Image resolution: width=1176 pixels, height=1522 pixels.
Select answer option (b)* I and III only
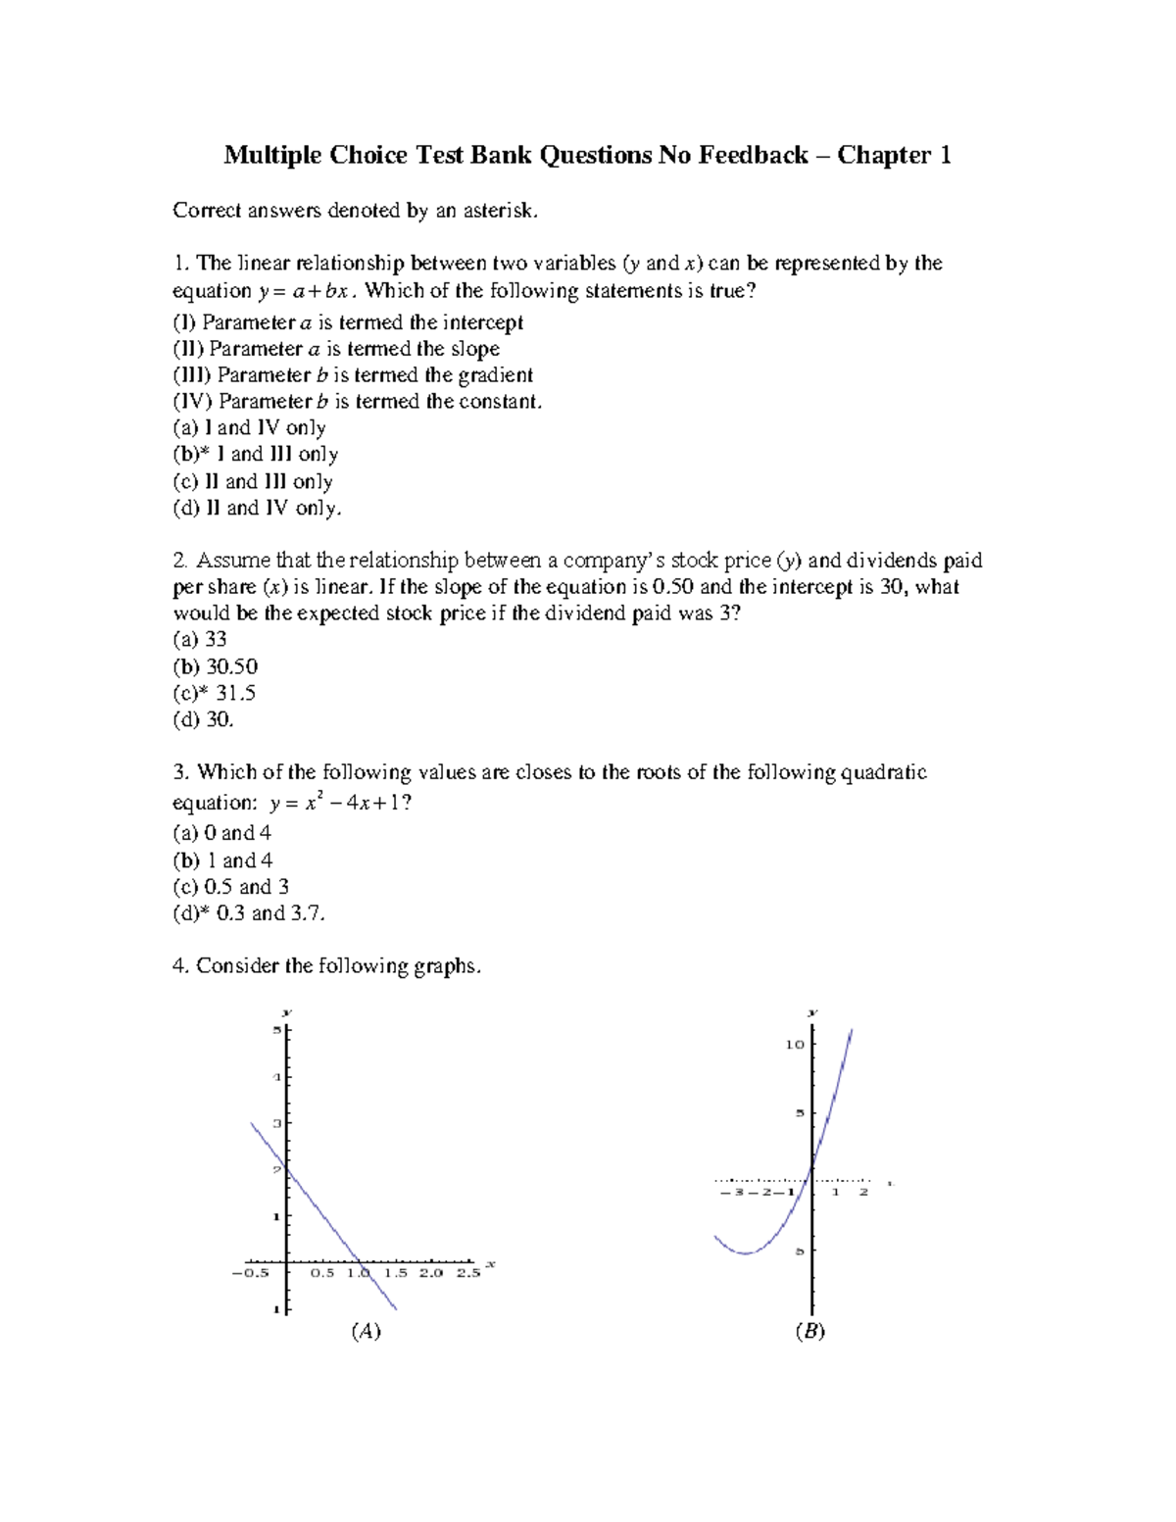tap(256, 455)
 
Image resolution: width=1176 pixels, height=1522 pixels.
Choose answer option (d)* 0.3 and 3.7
tap(249, 913)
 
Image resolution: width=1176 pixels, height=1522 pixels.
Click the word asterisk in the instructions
tap(504, 210)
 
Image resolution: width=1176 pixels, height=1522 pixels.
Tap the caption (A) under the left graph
tap(366, 1331)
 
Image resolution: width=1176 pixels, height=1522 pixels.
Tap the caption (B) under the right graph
tap(810, 1331)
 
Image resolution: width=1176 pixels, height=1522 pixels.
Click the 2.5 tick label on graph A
tap(468, 1273)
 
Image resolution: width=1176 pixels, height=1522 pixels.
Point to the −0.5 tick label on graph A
tap(250, 1273)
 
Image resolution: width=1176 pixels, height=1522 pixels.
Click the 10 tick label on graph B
tap(794, 1045)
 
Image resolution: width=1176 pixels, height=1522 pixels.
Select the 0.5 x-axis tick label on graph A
tap(322, 1273)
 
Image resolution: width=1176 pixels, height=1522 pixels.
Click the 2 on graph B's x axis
tap(863, 1193)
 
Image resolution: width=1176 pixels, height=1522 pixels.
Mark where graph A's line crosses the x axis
tap(359, 1262)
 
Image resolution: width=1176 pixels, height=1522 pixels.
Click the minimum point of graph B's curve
tap(747, 1252)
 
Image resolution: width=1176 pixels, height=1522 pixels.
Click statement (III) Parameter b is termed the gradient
tap(353, 375)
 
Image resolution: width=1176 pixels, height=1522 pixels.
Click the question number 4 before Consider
tap(179, 966)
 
